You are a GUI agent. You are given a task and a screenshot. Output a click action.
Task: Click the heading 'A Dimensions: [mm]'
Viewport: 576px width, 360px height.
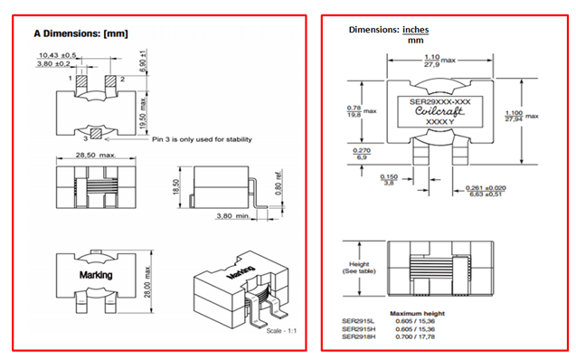(80, 33)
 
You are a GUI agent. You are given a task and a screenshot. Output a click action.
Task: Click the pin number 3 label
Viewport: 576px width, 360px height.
(85, 139)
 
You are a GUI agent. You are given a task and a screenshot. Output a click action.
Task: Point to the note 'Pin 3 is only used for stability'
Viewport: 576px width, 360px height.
(201, 139)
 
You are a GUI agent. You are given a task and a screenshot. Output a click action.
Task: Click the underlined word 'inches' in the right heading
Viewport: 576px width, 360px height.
(415, 30)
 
